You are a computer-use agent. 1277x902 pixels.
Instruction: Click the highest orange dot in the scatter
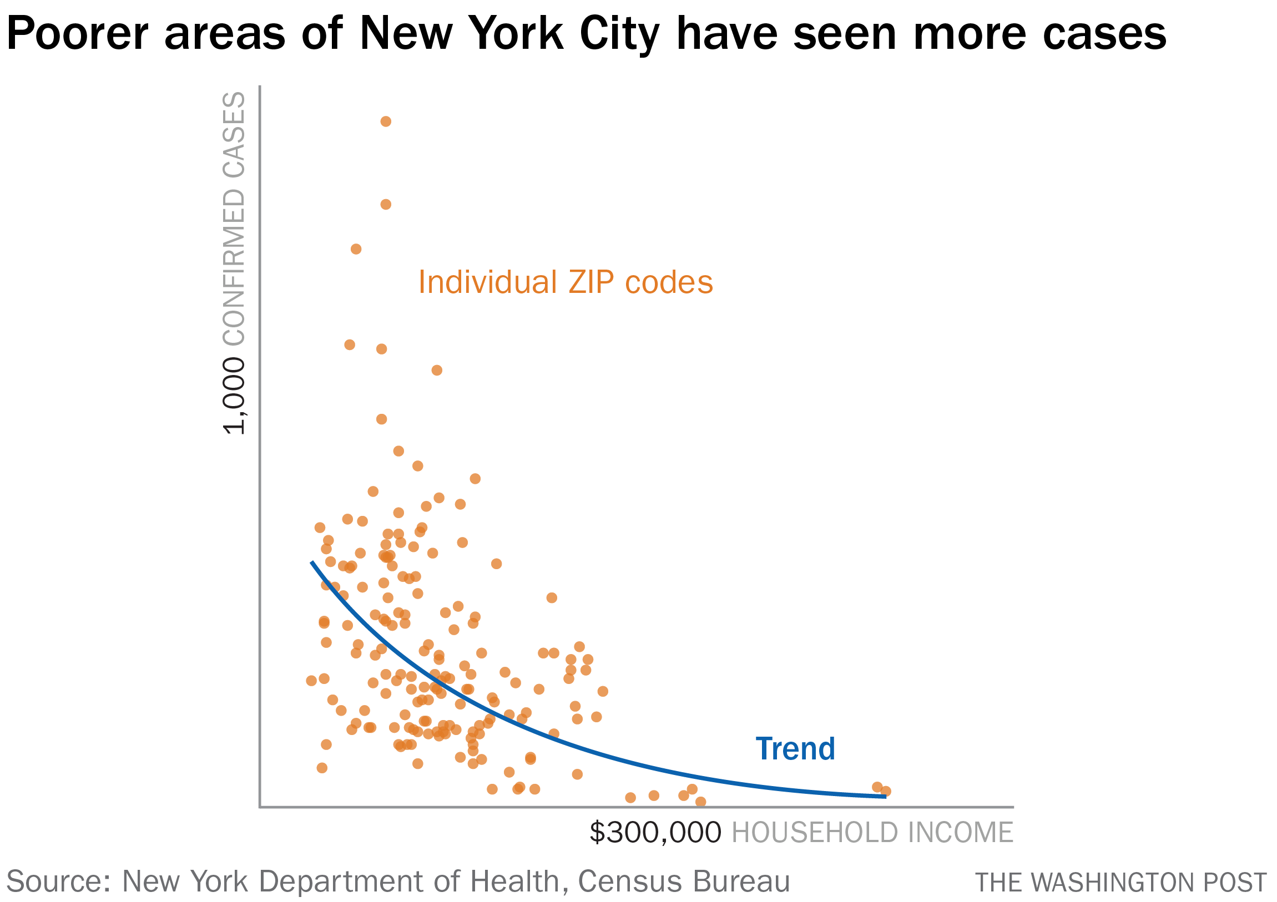tap(386, 122)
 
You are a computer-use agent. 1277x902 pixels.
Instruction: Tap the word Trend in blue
tap(795, 749)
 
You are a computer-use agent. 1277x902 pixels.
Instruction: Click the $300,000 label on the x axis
tap(655, 833)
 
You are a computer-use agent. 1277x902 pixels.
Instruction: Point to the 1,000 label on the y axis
tap(234, 396)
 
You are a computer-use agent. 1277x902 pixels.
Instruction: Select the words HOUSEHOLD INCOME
tap(872, 833)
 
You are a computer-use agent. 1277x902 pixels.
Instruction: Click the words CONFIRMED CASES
tap(234, 219)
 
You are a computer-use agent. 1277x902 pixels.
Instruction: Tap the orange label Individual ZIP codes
tap(565, 282)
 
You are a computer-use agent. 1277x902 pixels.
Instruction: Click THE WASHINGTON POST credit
tap(1120, 883)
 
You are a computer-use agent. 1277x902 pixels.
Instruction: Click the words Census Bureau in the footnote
tap(684, 881)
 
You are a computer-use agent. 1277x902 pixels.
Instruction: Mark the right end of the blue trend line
tap(885, 797)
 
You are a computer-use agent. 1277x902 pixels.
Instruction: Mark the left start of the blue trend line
tap(311, 562)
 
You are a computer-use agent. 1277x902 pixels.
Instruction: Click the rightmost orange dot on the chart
tap(886, 792)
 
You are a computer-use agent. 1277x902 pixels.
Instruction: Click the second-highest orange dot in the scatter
tap(386, 205)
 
